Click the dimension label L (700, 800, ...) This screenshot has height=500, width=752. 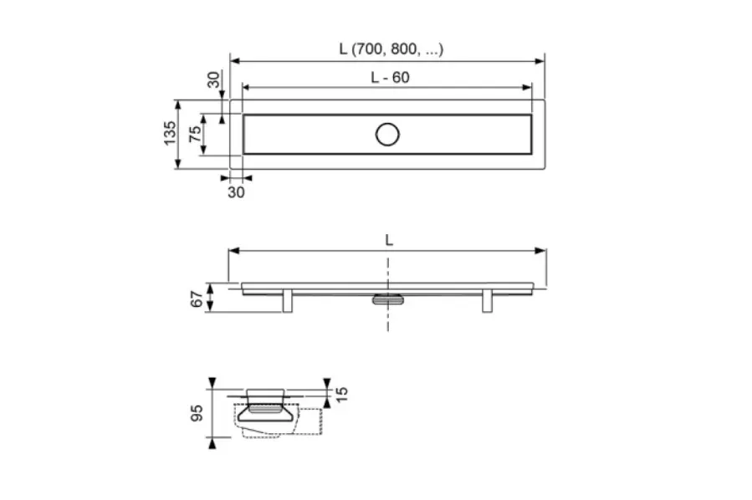(x=391, y=49)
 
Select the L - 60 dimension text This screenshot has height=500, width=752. (x=390, y=78)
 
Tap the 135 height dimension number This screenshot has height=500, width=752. (x=170, y=134)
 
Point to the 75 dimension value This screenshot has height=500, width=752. (x=195, y=135)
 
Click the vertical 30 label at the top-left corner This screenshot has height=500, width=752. (x=214, y=79)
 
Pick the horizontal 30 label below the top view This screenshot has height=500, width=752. (x=236, y=192)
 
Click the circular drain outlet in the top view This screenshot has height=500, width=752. (x=387, y=135)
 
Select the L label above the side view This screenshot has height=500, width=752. (x=389, y=240)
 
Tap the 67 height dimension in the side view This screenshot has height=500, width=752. (x=197, y=299)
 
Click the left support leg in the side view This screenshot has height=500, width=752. (x=287, y=301)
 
